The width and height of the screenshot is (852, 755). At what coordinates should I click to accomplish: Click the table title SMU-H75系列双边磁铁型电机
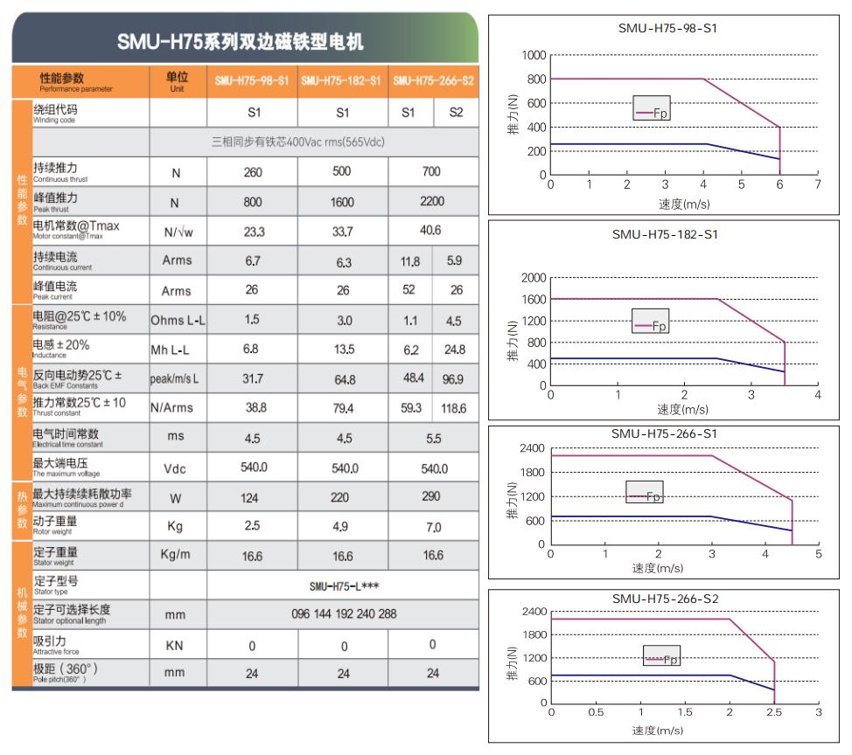240,41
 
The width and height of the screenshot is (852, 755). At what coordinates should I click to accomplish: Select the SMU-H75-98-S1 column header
252,81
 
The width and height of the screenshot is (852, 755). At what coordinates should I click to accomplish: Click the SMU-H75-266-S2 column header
434,81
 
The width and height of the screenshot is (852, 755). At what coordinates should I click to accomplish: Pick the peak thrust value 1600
343,202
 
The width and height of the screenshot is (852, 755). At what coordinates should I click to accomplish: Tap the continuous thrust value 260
253,172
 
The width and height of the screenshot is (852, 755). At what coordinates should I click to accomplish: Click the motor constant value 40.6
431,231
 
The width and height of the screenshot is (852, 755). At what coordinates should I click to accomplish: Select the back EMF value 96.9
454,379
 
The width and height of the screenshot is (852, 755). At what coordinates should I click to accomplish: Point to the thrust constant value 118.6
454,408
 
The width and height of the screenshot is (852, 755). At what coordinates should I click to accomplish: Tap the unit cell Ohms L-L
178,320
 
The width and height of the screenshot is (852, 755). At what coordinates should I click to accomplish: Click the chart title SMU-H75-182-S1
665,234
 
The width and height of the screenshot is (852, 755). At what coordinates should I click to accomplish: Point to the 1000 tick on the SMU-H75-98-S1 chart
534,55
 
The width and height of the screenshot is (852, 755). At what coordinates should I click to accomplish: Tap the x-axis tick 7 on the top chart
817,184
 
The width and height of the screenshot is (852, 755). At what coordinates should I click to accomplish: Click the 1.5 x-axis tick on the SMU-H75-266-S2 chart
685,712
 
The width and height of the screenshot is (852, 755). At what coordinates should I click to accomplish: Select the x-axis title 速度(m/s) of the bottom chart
658,731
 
